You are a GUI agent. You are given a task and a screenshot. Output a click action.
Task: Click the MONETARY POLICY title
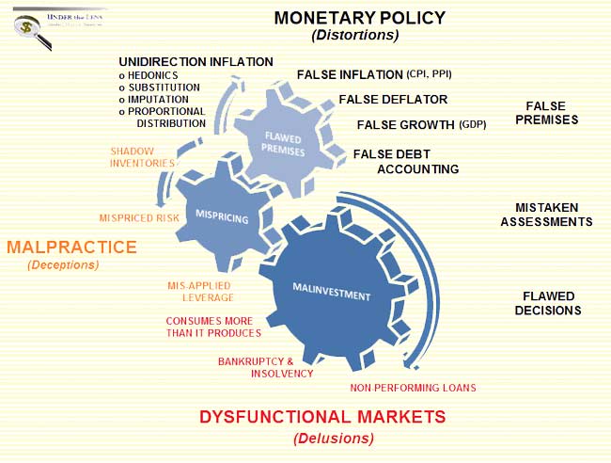pos(359,17)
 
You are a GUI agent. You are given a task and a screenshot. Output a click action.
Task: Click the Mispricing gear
pos(222,216)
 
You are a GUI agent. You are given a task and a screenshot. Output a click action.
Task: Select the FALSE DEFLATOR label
pos(393,99)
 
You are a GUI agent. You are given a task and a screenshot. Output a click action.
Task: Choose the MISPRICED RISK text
pos(139,218)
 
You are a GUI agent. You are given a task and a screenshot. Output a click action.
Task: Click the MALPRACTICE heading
pos(71,247)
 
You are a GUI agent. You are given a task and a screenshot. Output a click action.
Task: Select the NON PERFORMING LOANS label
pos(413,388)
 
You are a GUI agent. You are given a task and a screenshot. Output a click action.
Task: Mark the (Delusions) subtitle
pos(334,438)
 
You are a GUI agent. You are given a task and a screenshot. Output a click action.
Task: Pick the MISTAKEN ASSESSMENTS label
pos(546,215)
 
